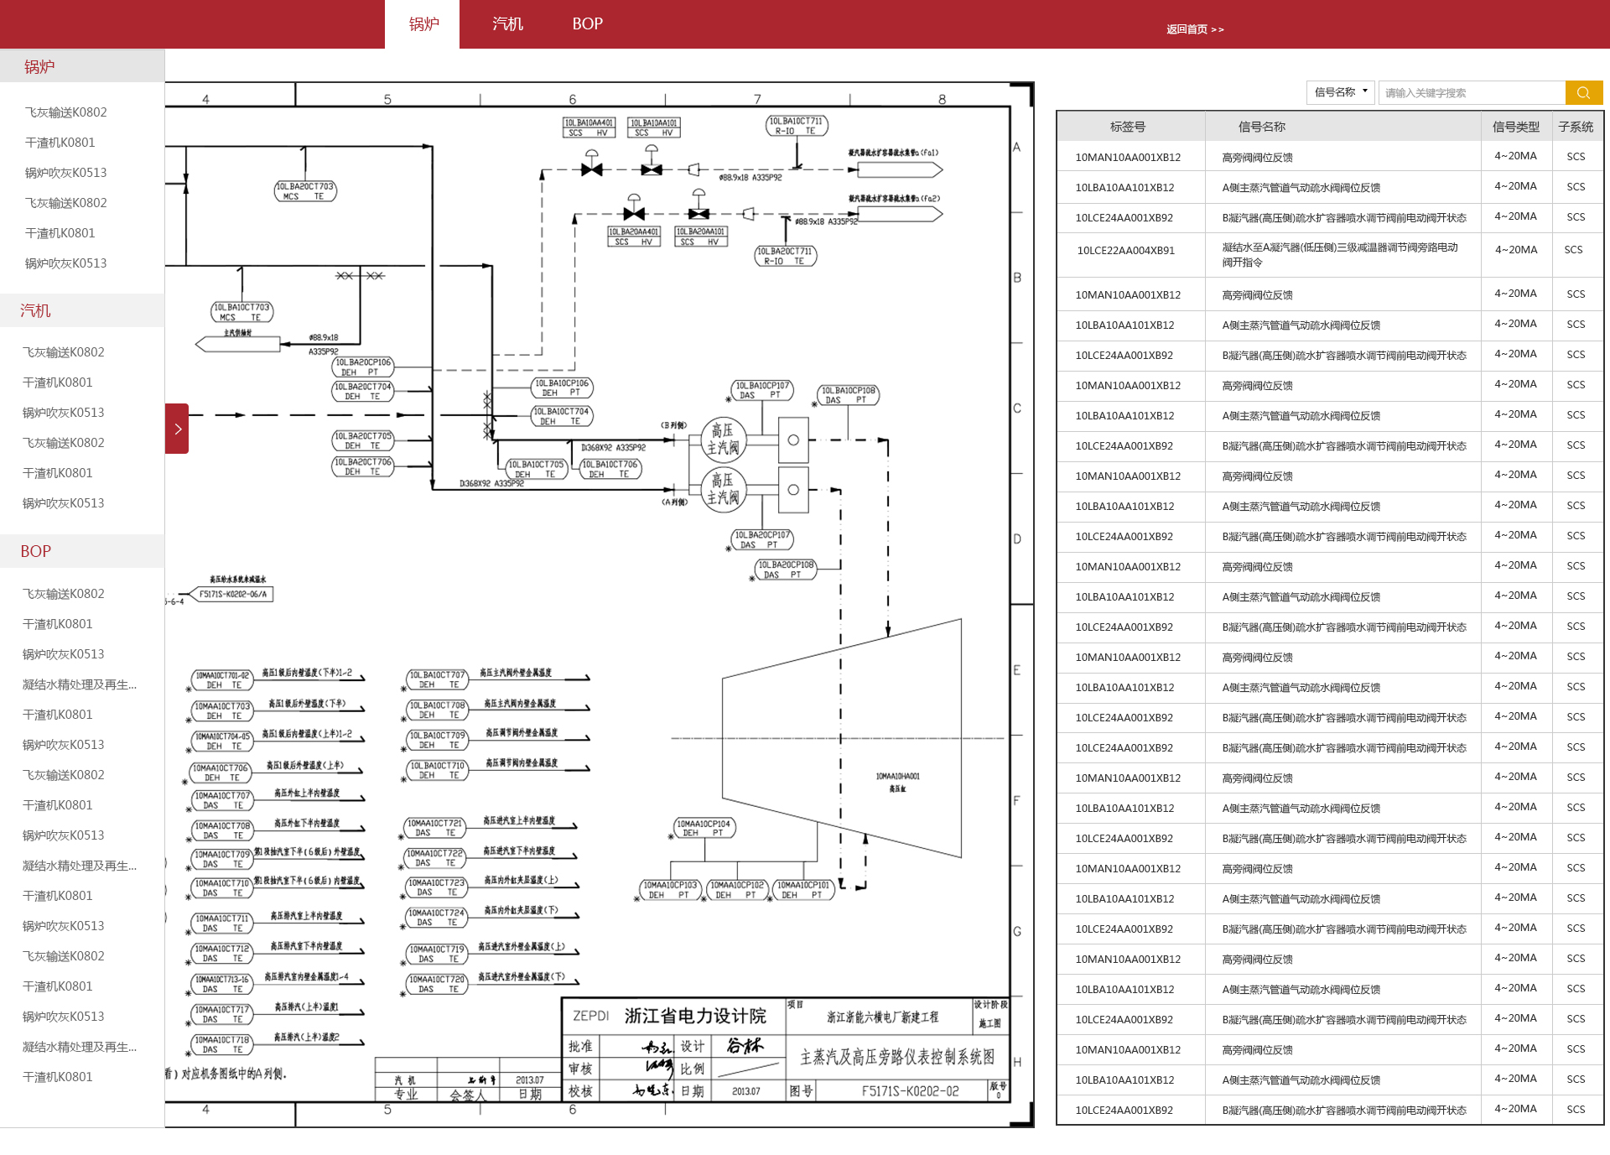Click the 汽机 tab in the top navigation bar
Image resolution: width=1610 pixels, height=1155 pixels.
tap(507, 24)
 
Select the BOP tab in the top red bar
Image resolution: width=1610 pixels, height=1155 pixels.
tap(587, 24)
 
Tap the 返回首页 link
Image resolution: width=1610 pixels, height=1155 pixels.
tap(1194, 29)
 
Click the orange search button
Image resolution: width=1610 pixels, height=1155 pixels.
tap(1583, 92)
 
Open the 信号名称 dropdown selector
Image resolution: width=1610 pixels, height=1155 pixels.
tap(1340, 92)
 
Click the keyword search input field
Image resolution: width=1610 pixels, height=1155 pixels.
tap(1471, 92)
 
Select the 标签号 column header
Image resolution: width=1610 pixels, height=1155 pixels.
tap(1127, 127)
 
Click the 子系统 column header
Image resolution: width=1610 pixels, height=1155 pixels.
tap(1576, 127)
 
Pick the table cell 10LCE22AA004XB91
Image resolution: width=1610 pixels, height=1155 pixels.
tap(1125, 250)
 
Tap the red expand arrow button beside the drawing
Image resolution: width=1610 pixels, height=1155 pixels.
tap(177, 429)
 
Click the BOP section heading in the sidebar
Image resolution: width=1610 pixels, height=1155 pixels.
tap(36, 551)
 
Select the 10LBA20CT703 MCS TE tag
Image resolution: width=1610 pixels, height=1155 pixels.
tap(305, 191)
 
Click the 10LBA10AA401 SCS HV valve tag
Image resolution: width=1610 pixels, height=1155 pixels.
tap(588, 127)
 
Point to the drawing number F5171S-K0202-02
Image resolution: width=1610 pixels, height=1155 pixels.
tap(910, 1090)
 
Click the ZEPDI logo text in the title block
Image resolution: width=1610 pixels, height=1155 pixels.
tap(590, 1016)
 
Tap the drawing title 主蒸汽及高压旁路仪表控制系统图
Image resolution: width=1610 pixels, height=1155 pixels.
tap(896, 1057)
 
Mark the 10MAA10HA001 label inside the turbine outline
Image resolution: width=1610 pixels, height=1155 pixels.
tap(897, 777)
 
